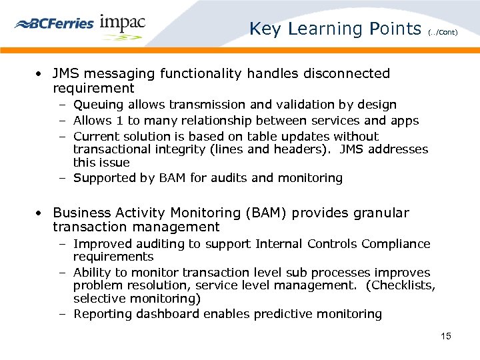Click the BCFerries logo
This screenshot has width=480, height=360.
click(54, 23)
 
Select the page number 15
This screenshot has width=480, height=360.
click(446, 336)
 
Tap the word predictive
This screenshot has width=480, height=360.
click(289, 314)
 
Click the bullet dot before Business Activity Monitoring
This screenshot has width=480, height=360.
click(41, 213)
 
